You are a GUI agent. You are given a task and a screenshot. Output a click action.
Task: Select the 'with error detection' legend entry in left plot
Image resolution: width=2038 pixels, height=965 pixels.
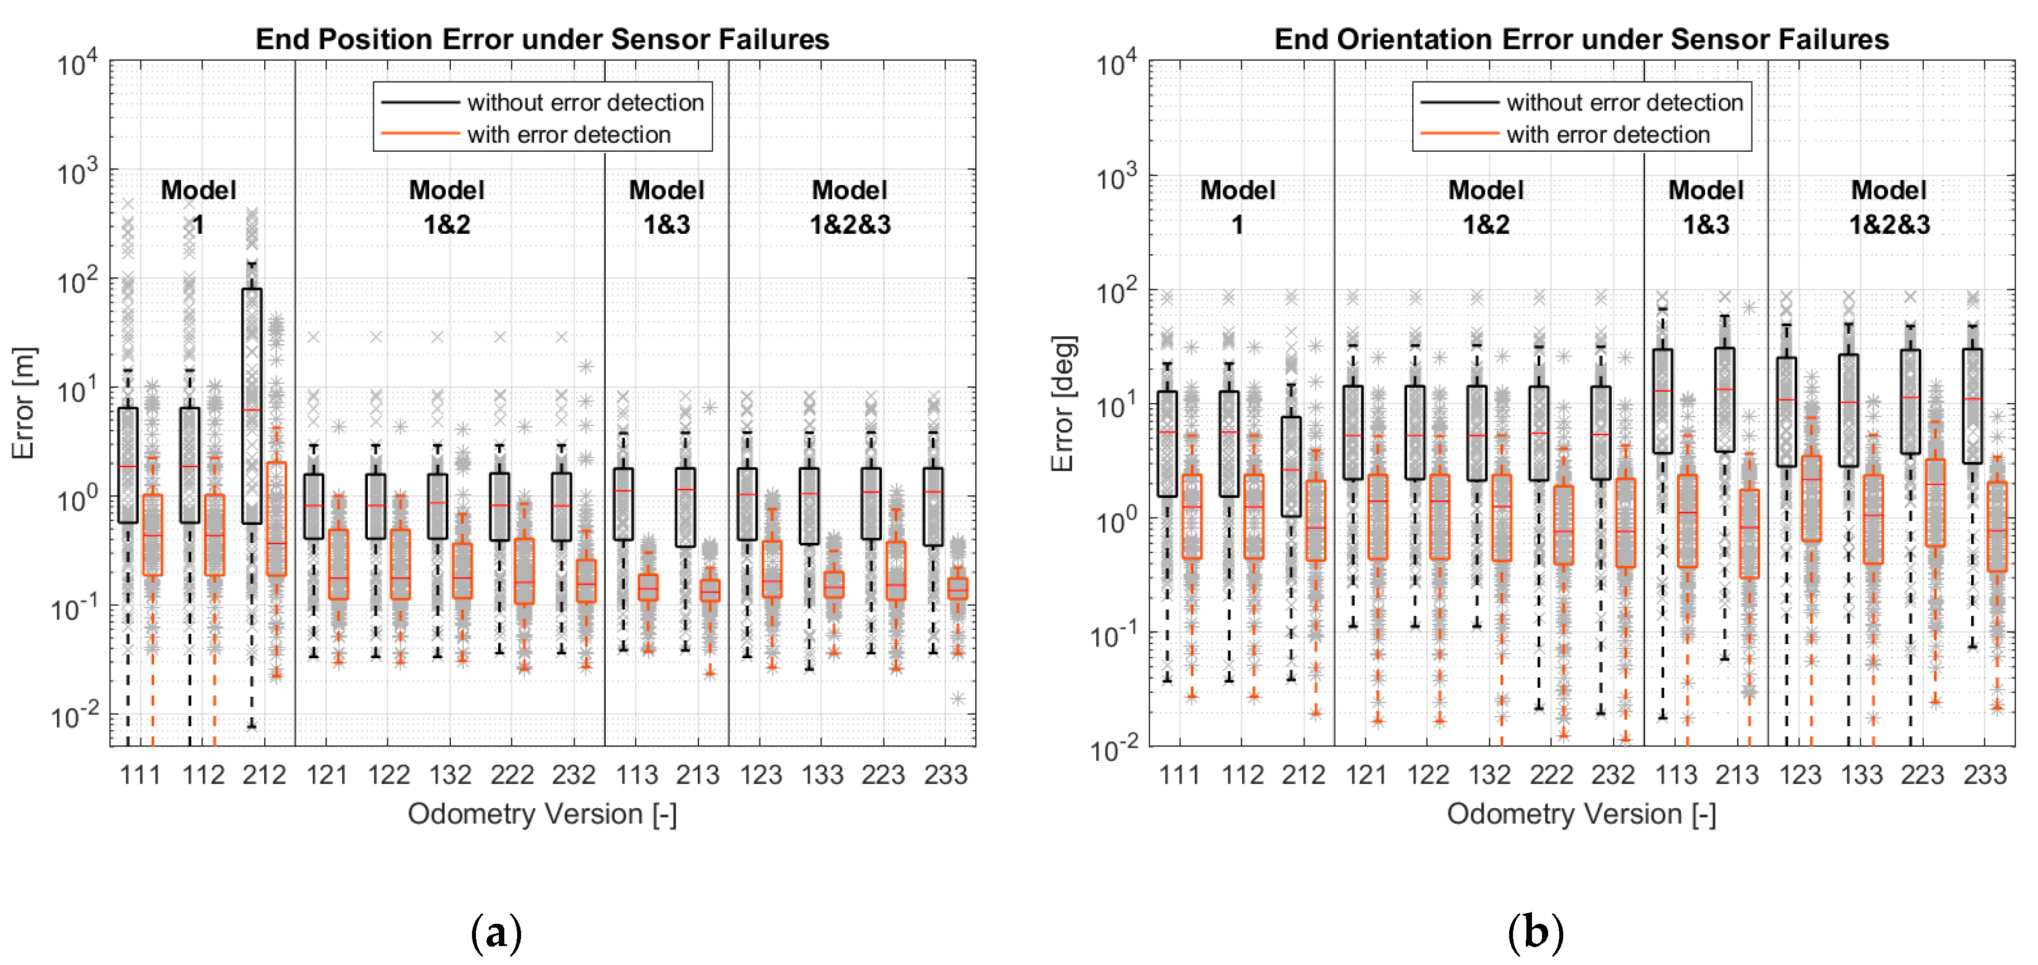click(568, 134)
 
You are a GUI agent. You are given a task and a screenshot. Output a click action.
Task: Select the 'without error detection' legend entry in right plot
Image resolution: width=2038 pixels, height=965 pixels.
click(1623, 102)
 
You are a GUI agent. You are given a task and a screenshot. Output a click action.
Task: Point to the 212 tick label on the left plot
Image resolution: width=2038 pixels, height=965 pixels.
click(264, 774)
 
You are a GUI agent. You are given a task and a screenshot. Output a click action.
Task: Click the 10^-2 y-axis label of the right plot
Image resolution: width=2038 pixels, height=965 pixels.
click(1116, 747)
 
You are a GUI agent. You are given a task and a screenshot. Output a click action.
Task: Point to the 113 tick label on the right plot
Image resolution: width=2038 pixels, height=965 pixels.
click(1676, 774)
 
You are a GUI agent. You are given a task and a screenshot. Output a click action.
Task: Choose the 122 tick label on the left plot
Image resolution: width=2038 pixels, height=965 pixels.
click(388, 774)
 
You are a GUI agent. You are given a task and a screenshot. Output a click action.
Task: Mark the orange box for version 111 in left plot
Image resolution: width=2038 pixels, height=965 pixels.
click(153, 534)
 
